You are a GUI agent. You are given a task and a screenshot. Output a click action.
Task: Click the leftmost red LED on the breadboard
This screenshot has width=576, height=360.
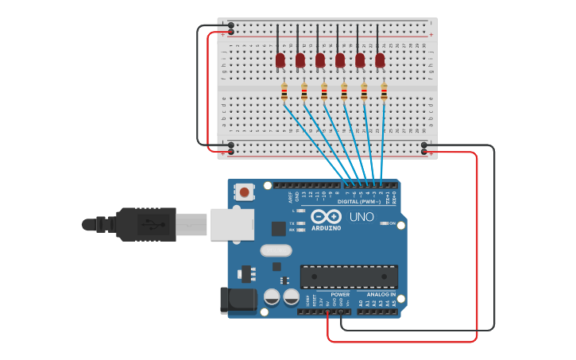point(280,60)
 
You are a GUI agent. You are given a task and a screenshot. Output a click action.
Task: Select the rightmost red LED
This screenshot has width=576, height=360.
point(380,60)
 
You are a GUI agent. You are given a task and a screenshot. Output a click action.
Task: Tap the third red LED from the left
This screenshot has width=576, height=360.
point(320,60)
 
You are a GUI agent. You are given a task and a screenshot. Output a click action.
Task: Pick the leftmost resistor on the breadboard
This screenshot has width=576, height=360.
point(284,93)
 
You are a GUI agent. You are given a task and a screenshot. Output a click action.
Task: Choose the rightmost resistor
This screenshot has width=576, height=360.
point(384,93)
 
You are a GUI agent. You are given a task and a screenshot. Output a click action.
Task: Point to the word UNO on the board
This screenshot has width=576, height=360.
point(361,216)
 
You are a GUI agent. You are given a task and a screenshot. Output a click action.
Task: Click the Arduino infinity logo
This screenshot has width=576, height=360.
point(326,216)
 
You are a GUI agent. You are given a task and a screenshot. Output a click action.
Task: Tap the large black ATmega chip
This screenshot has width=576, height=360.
point(349,277)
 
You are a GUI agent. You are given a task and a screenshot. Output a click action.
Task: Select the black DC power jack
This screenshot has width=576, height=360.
point(238,300)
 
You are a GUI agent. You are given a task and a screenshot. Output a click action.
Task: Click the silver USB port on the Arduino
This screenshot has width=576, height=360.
point(232,224)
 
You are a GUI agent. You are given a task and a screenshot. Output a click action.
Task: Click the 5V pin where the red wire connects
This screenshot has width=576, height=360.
point(327,311)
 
